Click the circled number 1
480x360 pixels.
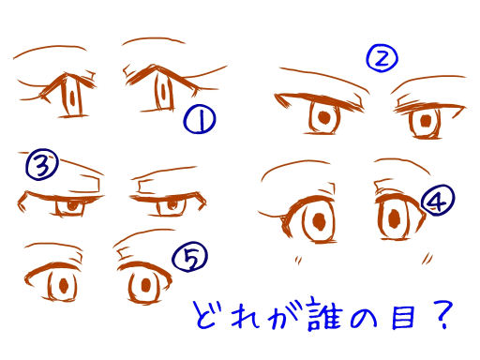click(200, 119)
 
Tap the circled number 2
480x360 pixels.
click(382, 58)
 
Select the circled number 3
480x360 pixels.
click(42, 164)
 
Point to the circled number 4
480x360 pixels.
click(438, 200)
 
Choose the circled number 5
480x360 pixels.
click(189, 257)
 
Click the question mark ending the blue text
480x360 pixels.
click(443, 314)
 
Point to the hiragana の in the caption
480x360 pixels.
click(364, 316)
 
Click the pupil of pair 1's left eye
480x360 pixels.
click(72, 97)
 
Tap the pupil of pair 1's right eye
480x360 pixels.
click(163, 91)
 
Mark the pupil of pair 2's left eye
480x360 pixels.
click(323, 117)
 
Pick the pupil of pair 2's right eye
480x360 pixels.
click(426, 121)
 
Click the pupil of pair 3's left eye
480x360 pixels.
click(72, 205)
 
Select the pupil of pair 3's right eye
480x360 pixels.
click(172, 205)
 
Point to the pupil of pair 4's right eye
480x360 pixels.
click(395, 218)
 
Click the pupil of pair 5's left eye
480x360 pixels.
click(64, 285)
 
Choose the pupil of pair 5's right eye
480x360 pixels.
click(145, 285)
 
